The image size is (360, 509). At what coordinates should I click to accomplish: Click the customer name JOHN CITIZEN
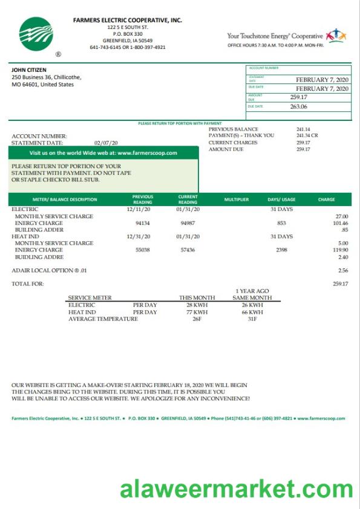29,70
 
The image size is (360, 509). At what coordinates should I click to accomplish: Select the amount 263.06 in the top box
298,106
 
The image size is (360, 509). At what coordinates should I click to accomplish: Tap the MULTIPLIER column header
236,199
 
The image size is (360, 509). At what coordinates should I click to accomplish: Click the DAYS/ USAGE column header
281,199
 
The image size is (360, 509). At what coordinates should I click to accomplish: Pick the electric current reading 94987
188,223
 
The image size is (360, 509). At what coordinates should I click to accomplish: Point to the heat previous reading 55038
142,250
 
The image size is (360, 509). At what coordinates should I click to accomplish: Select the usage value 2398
281,250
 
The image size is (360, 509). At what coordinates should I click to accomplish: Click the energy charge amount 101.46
341,223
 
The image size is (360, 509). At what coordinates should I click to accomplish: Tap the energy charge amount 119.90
341,250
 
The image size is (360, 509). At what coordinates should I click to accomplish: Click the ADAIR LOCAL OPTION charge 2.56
343,270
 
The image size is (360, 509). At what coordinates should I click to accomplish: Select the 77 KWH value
197,312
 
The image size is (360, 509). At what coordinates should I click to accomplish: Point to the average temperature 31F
252,319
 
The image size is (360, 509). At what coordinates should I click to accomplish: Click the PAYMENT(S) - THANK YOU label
241,136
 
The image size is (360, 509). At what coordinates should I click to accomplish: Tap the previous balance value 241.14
303,129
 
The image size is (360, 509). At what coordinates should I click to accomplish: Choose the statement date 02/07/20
106,143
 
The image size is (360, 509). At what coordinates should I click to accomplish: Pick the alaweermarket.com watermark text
237,488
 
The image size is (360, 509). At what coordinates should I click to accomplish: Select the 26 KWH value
252,305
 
